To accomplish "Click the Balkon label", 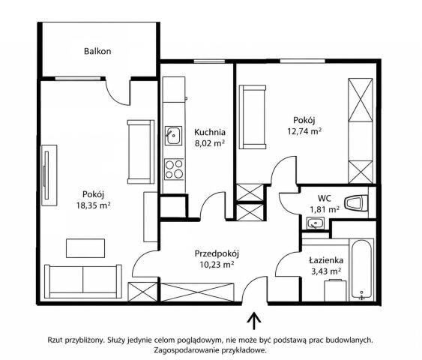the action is click(x=97, y=51).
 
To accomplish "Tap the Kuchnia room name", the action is click(x=210, y=132).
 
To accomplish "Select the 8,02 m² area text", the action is click(x=210, y=143).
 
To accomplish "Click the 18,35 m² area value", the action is click(x=93, y=205).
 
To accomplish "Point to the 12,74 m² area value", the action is click(x=304, y=131).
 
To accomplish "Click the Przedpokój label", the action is click(x=217, y=253).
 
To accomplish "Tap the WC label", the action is click(x=325, y=198).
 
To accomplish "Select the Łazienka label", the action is click(x=326, y=260).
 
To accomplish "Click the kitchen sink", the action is click(x=174, y=136).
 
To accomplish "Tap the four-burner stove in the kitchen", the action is click(x=174, y=169).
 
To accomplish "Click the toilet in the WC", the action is click(x=356, y=202).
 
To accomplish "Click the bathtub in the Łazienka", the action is click(x=361, y=270).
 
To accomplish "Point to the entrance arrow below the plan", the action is click(x=253, y=321).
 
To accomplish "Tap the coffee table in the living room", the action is click(x=85, y=248).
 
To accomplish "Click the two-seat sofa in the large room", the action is click(x=83, y=281).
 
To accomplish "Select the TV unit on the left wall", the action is click(x=49, y=175).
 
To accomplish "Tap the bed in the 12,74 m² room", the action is click(x=253, y=117).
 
